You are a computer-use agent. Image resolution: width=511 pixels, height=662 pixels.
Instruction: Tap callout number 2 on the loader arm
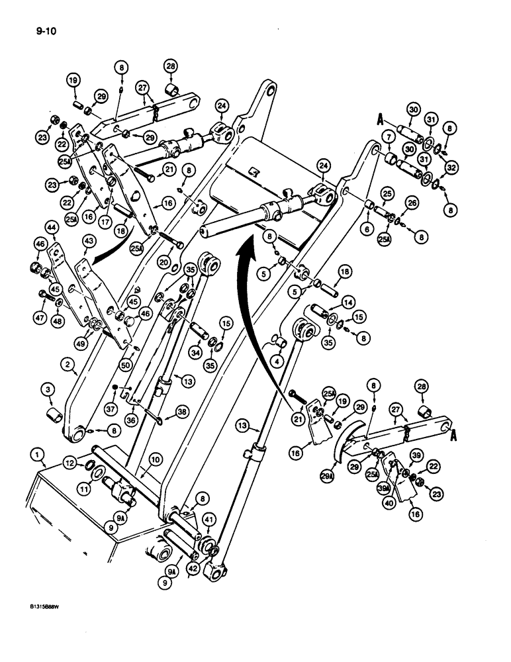pos(68,362)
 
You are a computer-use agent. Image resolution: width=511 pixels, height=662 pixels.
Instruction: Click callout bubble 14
pos(346,300)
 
